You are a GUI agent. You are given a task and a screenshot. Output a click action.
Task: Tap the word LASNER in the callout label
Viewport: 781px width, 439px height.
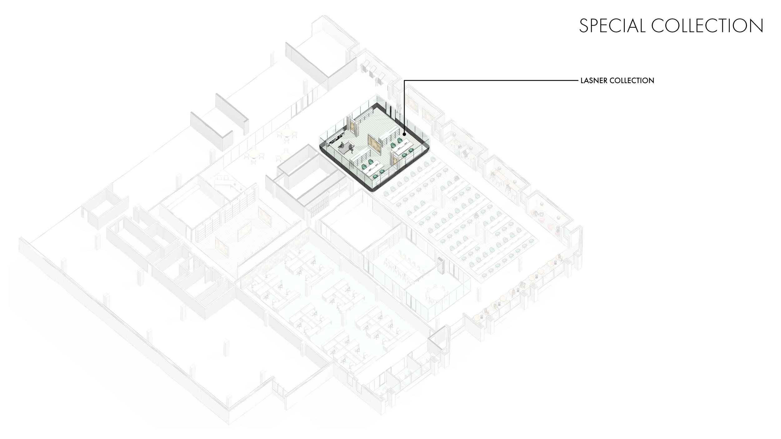click(x=593, y=81)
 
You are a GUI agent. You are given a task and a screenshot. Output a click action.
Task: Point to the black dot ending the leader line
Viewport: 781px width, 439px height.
click(x=404, y=135)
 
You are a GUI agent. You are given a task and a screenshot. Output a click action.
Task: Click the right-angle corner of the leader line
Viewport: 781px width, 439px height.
click(x=405, y=81)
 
